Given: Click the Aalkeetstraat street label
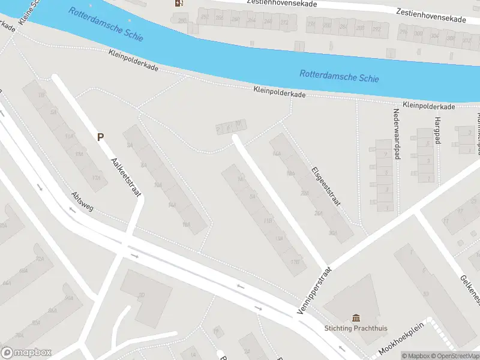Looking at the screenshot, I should [x=127, y=177].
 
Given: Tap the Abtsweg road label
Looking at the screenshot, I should [x=82, y=203].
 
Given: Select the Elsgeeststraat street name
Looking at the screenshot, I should [x=326, y=187].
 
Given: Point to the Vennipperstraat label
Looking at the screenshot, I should [x=314, y=290].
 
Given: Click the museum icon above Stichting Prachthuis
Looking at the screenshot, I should [x=356, y=318].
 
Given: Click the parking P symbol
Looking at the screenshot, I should [x=101, y=137].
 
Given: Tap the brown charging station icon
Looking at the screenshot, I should [x=179, y=3].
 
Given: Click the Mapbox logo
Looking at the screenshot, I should [x=26, y=353].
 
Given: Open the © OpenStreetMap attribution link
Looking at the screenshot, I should [x=455, y=356].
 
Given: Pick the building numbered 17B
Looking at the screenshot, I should [x=295, y=262].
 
